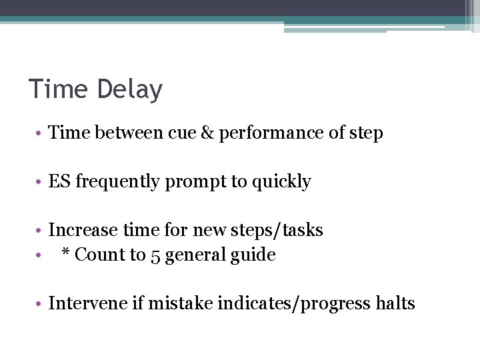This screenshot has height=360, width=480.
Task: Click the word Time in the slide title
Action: pyautogui.click(x=58, y=89)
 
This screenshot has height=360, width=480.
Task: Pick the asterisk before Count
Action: pyautogui.click(x=66, y=253)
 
